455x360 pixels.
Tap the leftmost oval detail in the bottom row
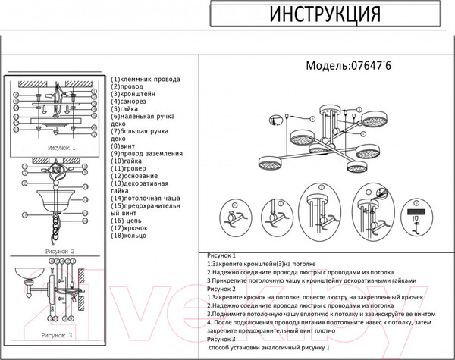pos(235,218)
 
